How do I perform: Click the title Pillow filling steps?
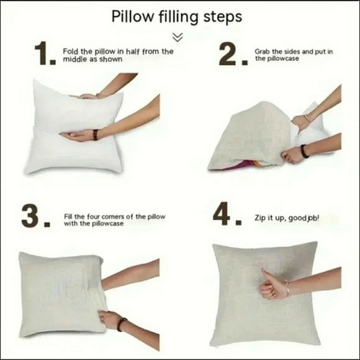176,17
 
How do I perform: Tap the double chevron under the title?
178,37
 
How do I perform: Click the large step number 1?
45,53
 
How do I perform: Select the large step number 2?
233,54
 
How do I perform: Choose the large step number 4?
227,214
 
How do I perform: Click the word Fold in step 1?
70,51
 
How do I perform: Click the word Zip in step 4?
259,218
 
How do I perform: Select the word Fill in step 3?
68,216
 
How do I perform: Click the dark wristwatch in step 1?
95,135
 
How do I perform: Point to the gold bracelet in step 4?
287,288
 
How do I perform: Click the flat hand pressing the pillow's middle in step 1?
77,135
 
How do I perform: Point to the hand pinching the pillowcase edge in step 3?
109,320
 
